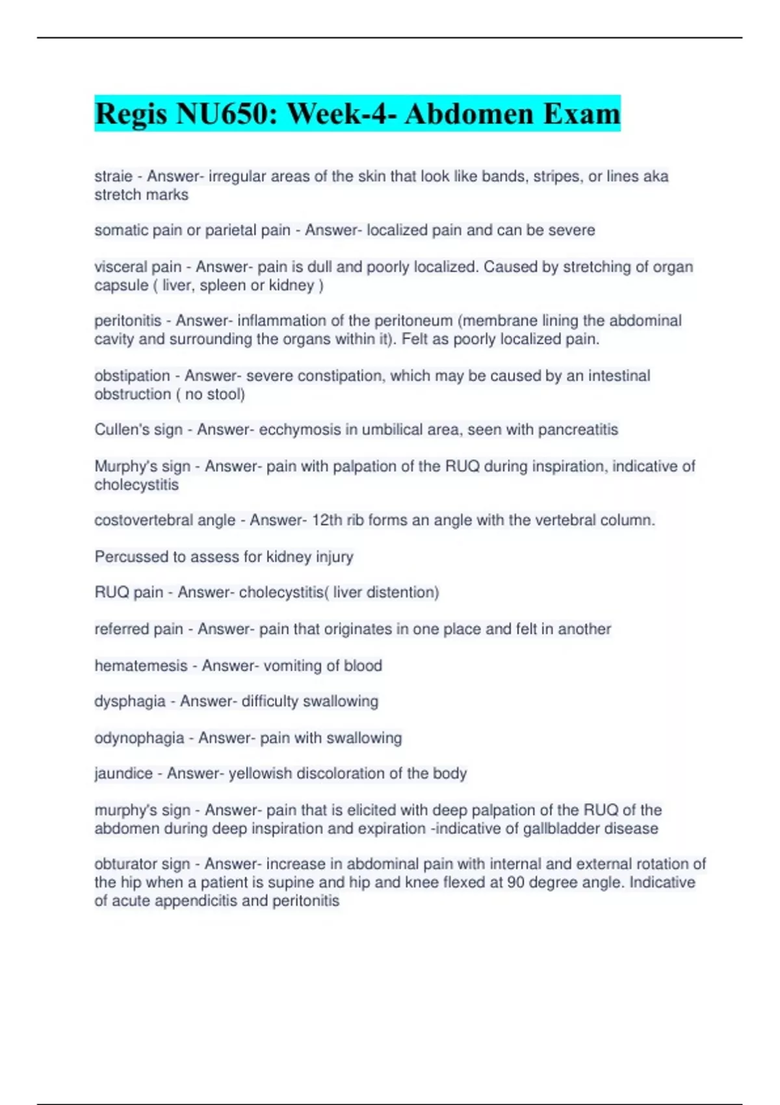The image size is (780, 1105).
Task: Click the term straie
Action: (113, 176)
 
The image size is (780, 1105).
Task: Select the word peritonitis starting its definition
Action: (127, 320)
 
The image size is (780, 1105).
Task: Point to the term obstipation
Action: (132, 376)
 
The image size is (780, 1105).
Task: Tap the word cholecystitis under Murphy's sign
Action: (136, 485)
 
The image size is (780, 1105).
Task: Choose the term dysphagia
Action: (130, 701)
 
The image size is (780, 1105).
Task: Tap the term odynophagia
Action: (139, 738)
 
